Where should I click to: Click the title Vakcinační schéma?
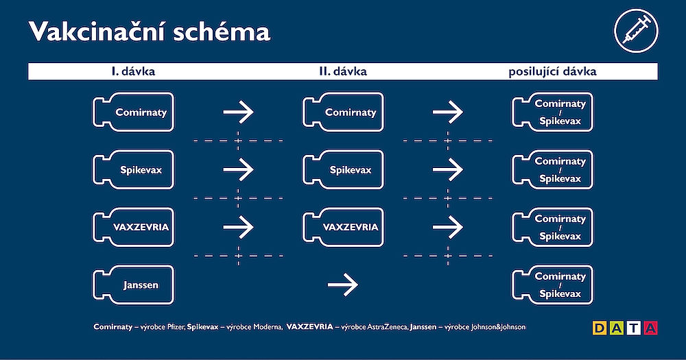[148, 32]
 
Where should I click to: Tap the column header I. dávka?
[133, 71]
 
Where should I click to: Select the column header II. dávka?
[343, 71]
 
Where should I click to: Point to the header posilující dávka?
[552, 71]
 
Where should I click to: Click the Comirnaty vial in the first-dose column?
[133, 112]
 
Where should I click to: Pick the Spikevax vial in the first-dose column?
[133, 169]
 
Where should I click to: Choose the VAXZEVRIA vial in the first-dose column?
[133, 227]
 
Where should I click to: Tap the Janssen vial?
[133, 285]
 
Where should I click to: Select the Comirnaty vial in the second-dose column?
[343, 112]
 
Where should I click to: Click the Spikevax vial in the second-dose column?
[343, 169]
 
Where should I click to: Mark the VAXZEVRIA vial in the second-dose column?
[343, 227]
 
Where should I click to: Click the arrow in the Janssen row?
[343, 282]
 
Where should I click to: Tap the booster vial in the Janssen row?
[552, 285]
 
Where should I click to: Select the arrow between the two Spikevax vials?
[238, 168]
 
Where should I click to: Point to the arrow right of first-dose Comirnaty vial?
[238, 111]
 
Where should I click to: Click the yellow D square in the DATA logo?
[599, 328]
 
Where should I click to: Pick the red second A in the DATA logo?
[650, 328]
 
